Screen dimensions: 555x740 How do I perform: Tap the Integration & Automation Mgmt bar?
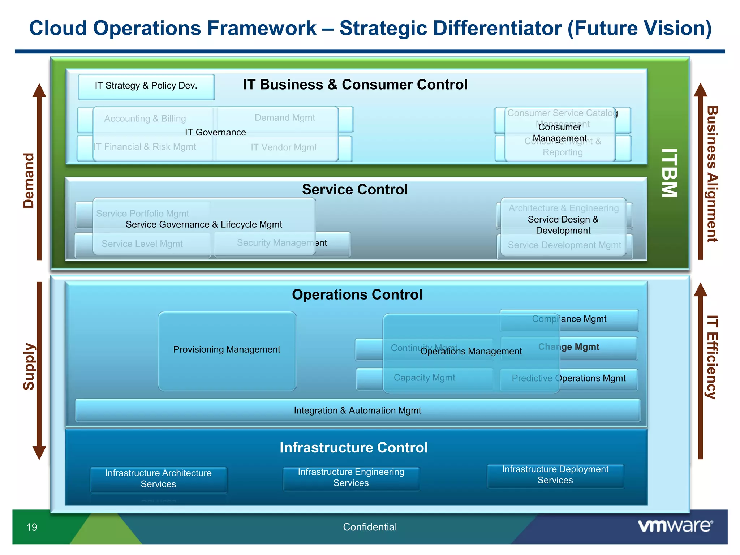click(357, 410)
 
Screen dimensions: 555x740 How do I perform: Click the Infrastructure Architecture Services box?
click(158, 479)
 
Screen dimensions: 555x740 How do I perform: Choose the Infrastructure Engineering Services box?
click(351, 478)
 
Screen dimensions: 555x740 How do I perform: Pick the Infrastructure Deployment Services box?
click(555, 476)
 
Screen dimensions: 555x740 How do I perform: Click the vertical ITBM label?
click(669, 173)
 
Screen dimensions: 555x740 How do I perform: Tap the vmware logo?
click(675, 526)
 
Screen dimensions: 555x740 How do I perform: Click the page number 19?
click(32, 527)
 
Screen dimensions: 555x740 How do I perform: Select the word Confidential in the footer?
click(370, 527)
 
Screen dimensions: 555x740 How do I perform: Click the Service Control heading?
click(355, 190)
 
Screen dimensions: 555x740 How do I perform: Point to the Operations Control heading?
click(357, 295)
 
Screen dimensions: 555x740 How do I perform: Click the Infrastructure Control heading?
click(354, 448)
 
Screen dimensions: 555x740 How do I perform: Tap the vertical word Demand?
click(29, 181)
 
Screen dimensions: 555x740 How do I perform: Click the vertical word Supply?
click(29, 367)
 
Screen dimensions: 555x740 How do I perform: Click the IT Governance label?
click(215, 133)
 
